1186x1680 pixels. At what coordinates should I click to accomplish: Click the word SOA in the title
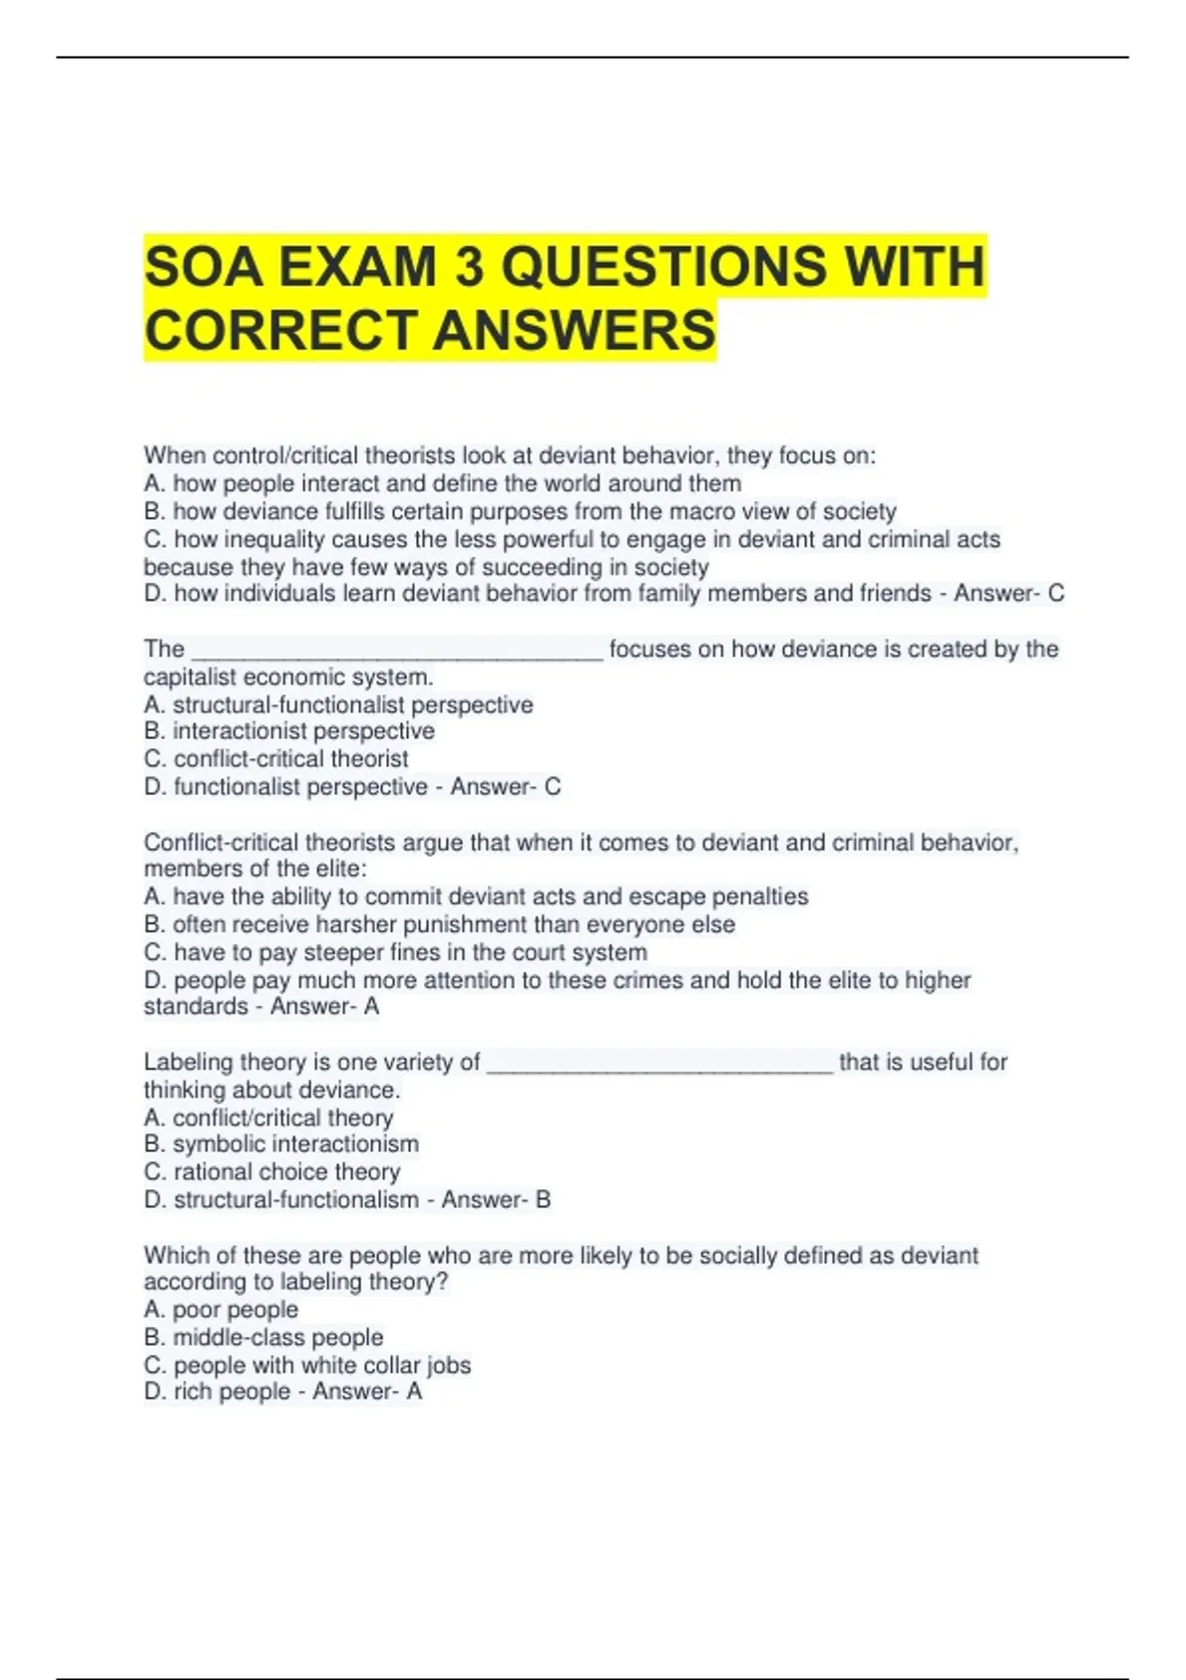203,267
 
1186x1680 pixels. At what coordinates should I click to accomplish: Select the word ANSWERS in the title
574,330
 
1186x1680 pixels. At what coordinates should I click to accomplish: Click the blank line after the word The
396,652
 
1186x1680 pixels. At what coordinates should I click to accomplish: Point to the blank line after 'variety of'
660,1065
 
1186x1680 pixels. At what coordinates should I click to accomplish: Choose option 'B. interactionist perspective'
289,731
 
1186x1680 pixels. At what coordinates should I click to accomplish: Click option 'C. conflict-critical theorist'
276,759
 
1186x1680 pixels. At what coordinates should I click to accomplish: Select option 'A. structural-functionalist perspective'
338,705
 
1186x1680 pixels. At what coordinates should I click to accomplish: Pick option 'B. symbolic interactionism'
281,1144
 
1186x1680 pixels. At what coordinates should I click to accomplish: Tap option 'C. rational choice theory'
272,1172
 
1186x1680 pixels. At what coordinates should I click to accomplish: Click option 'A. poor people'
220,1309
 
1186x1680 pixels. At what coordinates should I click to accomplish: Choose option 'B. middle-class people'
263,1337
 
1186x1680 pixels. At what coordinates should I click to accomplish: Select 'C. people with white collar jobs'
307,1365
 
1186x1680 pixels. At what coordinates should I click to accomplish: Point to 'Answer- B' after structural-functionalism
496,1200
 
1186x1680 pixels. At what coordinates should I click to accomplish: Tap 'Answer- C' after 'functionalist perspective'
506,787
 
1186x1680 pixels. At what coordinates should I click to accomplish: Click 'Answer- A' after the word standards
325,1006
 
